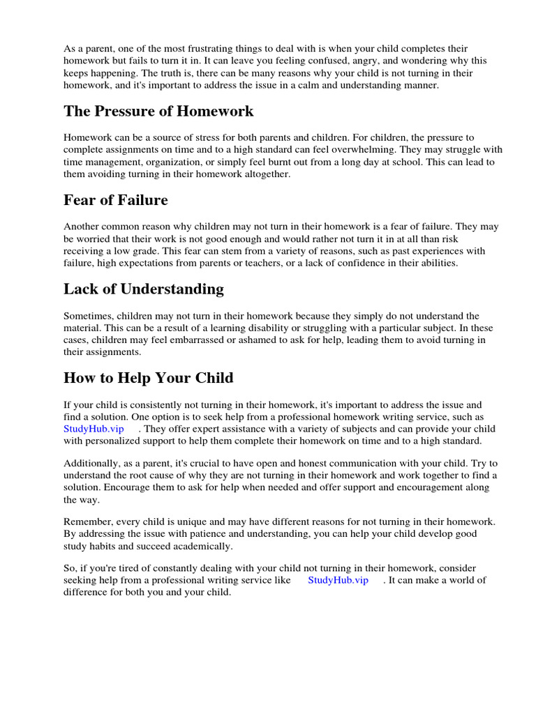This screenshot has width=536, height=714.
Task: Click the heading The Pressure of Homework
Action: click(x=158, y=112)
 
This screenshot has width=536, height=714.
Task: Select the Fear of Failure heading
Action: click(x=116, y=200)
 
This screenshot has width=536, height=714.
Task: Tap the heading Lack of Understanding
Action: click(x=144, y=289)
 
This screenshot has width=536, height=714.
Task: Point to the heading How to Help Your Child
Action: click(x=149, y=378)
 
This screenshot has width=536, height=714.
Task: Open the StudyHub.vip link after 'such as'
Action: click(x=94, y=428)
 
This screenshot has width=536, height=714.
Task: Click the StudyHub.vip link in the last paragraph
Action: click(x=338, y=580)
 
